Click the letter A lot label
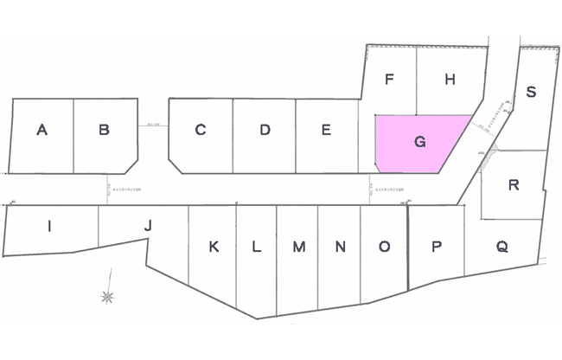[42, 130]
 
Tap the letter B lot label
[104, 130]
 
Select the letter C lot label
[200, 130]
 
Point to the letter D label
[265, 130]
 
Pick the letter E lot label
[326, 130]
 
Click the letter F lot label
[390, 80]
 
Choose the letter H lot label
[450, 80]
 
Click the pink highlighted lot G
[419, 144]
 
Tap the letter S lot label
[531, 92]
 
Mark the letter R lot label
[514, 184]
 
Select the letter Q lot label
[501, 246]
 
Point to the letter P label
[437, 247]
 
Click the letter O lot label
[384, 247]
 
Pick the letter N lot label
[341, 247]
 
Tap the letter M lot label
[298, 247]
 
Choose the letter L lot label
[256, 247]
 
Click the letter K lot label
[214, 247]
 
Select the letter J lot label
[148, 225]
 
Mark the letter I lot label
[49, 227]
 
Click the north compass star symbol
[107, 297]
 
